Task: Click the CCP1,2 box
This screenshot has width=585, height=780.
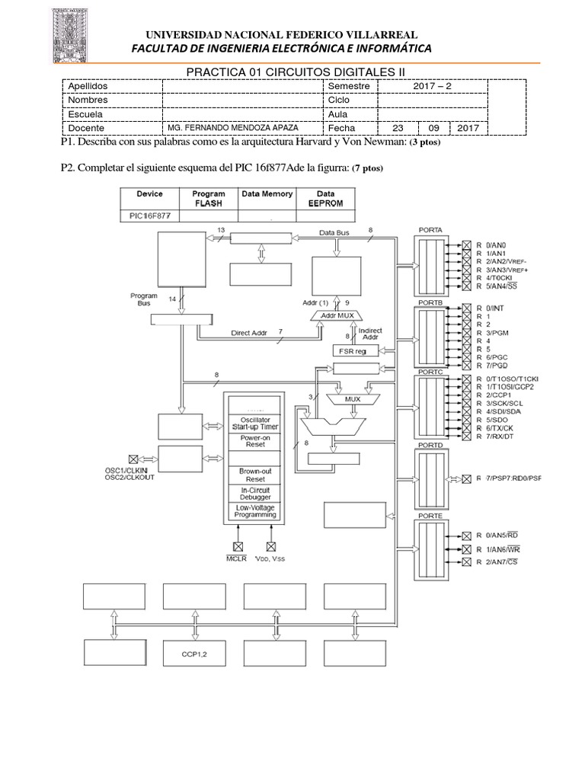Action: [x=190, y=654]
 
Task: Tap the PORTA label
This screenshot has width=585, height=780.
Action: [x=430, y=230]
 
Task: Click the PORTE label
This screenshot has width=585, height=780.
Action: [x=430, y=515]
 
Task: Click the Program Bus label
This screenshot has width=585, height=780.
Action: [x=143, y=299]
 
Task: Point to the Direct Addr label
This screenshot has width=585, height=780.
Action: [x=252, y=332]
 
